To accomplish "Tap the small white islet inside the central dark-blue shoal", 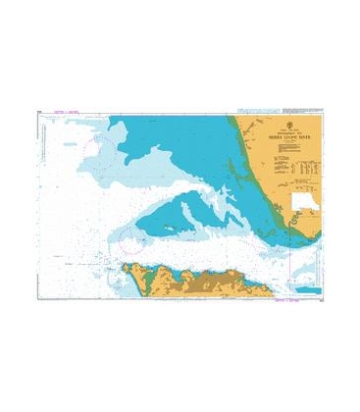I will pyautogui.click(x=173, y=224).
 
